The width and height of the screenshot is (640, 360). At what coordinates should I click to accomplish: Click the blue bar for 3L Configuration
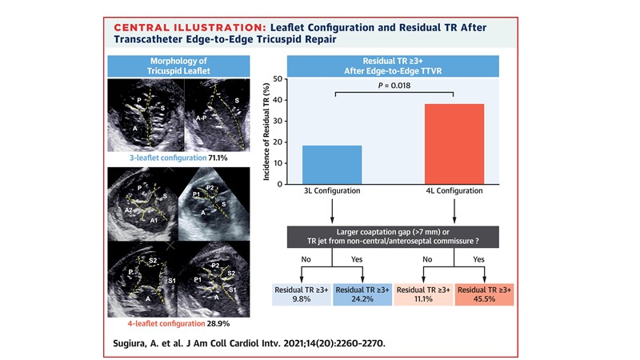tap(332, 165)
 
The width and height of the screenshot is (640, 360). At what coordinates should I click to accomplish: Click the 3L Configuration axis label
tap(332, 192)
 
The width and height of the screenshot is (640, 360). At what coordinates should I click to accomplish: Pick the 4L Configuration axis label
tap(454, 192)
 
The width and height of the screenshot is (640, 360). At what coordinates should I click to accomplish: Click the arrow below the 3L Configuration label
tap(332, 212)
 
